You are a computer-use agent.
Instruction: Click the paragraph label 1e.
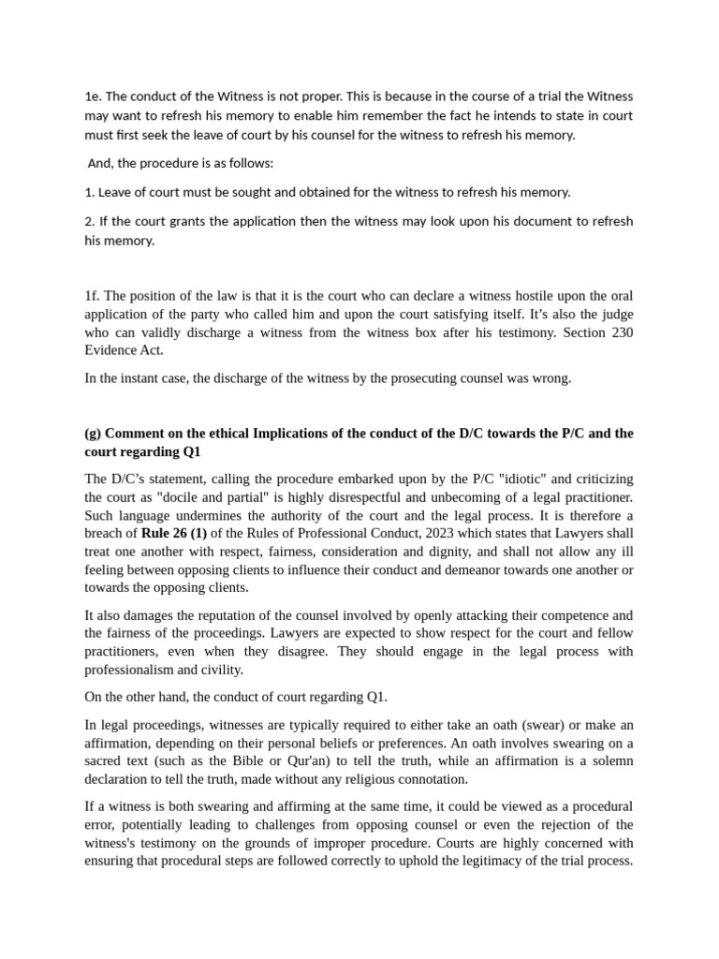click(93, 96)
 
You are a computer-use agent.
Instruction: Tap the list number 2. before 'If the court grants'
click(90, 221)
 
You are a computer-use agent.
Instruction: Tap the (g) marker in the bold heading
click(93, 434)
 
